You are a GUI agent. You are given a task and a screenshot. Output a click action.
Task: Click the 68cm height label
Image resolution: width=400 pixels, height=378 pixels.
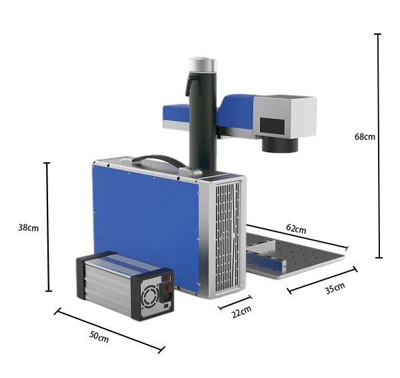(x=365, y=136)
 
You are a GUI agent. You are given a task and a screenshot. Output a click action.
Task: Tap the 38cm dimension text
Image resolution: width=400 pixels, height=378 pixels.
(x=28, y=227)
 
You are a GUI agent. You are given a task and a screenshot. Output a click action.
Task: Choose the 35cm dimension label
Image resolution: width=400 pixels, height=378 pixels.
(x=335, y=288)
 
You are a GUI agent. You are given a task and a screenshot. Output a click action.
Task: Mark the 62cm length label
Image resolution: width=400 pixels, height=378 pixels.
(x=296, y=228)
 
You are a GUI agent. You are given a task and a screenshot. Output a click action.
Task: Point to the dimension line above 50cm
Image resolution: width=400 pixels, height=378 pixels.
(x=110, y=329)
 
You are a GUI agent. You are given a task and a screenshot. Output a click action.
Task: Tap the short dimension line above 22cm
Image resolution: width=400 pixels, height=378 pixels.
(x=235, y=302)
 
